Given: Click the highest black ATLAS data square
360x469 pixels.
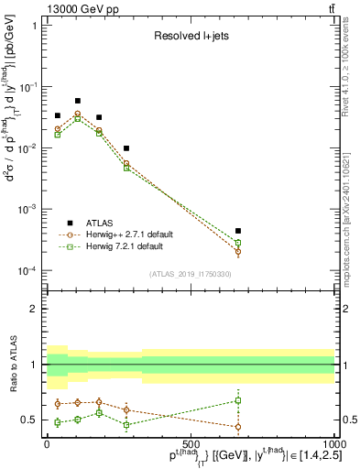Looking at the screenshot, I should [78, 101].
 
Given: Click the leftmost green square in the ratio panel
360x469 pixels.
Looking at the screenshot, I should [57, 422].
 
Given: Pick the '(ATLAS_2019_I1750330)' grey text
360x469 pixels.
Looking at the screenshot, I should [190, 273].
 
